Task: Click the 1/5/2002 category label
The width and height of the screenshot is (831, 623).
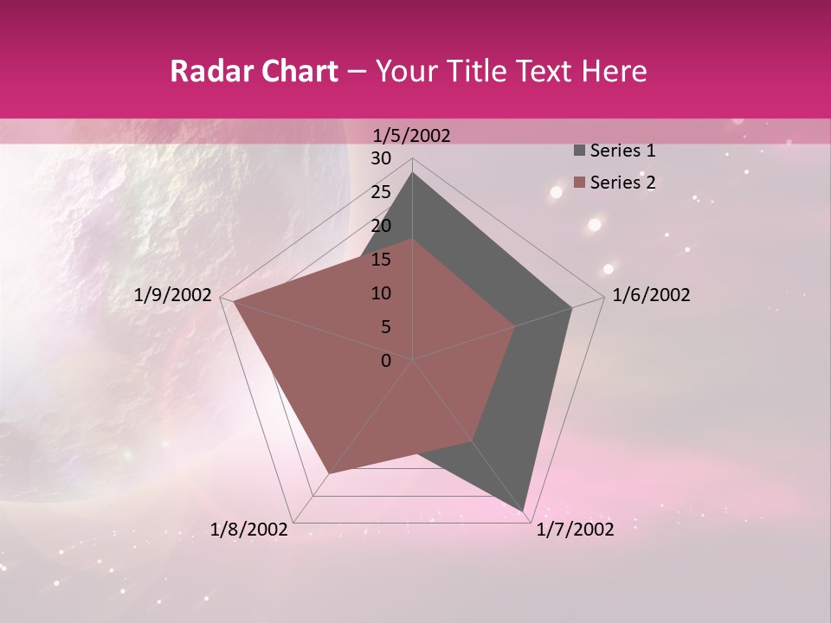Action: pyautogui.click(x=411, y=135)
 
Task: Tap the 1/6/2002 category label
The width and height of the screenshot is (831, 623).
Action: pyautogui.click(x=651, y=295)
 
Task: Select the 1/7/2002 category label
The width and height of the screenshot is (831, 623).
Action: pyautogui.click(x=575, y=530)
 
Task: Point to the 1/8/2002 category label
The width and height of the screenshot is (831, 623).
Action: pyautogui.click(x=249, y=530)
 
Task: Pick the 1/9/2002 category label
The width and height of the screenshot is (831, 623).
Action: pyautogui.click(x=173, y=295)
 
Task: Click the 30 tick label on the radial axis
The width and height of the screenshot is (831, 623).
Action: pyautogui.click(x=381, y=158)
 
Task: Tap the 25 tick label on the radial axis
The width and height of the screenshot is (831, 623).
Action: pyautogui.click(x=381, y=192)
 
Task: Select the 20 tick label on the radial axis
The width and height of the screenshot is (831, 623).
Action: pyautogui.click(x=381, y=226)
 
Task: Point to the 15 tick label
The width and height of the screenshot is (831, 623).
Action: pyautogui.click(x=381, y=260)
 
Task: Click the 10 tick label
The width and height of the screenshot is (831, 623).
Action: pyautogui.click(x=381, y=293)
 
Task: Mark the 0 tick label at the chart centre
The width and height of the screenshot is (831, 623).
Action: pyautogui.click(x=386, y=361)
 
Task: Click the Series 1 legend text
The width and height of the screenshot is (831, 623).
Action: pyautogui.click(x=622, y=151)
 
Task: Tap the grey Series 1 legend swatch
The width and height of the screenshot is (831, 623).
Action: pyautogui.click(x=579, y=151)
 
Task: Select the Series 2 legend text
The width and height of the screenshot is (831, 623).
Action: pyautogui.click(x=622, y=183)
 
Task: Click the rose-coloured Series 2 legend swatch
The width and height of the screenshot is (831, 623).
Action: pyautogui.click(x=579, y=183)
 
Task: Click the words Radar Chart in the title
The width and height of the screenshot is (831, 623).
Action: pyautogui.click(x=254, y=72)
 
